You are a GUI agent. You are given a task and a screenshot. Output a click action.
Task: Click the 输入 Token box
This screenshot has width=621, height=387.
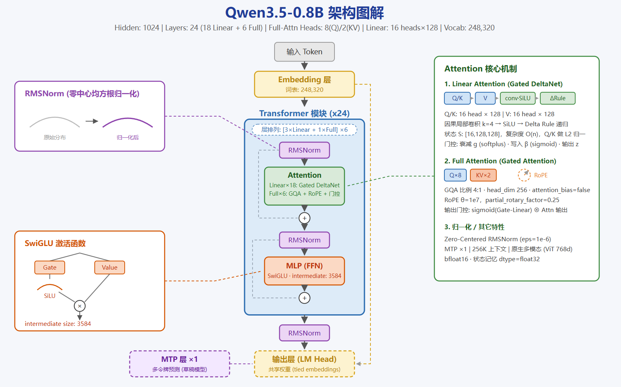pyautogui.click(x=305, y=52)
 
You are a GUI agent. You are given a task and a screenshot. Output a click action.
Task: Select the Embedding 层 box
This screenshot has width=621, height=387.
pyautogui.click(x=305, y=84)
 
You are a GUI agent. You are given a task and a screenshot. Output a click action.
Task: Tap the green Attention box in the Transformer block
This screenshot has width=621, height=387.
pyautogui.click(x=305, y=186)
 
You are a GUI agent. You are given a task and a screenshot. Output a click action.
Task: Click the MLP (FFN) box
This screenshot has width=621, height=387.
pyautogui.click(x=305, y=271)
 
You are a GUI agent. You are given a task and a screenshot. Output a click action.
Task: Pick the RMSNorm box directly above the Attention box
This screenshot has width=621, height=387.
pyautogui.click(x=305, y=150)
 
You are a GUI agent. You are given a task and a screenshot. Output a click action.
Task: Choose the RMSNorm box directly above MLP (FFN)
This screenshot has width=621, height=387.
pyautogui.click(x=305, y=240)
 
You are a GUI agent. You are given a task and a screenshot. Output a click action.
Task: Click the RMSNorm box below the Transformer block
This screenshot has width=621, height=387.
pyautogui.click(x=305, y=333)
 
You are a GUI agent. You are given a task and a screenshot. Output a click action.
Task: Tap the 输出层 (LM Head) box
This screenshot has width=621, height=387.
pyautogui.click(x=305, y=364)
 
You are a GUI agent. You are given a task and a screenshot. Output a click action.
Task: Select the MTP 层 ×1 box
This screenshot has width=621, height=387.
pyautogui.click(x=180, y=364)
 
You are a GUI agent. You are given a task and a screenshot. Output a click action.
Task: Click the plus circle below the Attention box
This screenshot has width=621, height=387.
pyautogui.click(x=305, y=218)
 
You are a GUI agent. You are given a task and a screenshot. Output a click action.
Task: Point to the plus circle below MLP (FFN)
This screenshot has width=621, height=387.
pyautogui.click(x=305, y=298)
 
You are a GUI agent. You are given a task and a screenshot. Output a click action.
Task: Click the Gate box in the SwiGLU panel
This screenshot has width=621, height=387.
pyautogui.click(x=50, y=267)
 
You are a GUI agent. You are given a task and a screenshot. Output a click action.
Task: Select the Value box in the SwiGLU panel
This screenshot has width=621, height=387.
pyautogui.click(x=109, y=267)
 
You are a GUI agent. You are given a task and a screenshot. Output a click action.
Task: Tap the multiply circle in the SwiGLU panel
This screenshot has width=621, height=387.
pyautogui.click(x=80, y=306)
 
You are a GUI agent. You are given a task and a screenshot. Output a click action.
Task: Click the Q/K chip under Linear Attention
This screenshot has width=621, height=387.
pyautogui.click(x=457, y=98)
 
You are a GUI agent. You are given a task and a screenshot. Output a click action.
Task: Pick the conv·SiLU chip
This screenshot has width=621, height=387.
pyautogui.click(x=517, y=98)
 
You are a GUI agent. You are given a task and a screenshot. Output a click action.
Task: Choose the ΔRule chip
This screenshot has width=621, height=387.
pyautogui.click(x=557, y=98)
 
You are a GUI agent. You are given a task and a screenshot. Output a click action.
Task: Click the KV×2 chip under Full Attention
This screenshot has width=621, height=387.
pyautogui.click(x=483, y=175)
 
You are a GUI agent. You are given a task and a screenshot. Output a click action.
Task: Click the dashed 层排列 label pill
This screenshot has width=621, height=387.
pyautogui.click(x=305, y=130)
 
